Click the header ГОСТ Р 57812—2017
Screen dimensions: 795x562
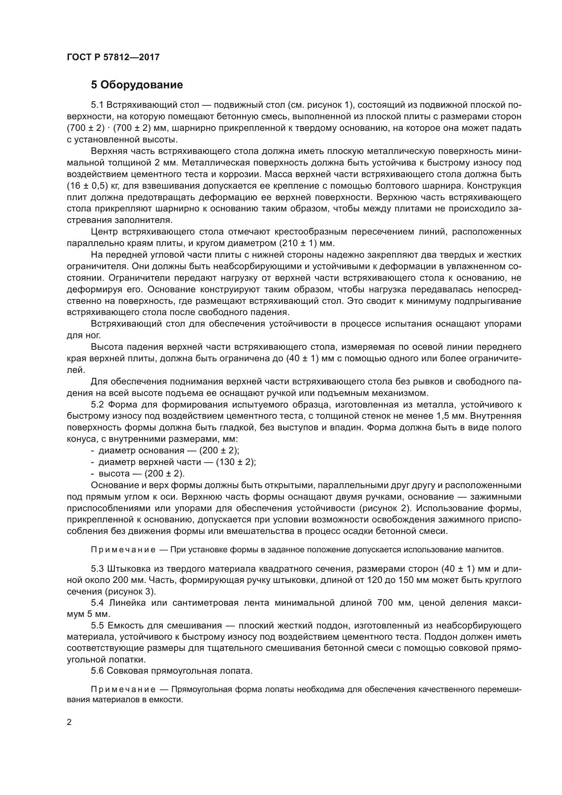coord(113,57)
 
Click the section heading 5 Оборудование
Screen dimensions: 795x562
coord(137,85)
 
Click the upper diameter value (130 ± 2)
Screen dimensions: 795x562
coord(236,462)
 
